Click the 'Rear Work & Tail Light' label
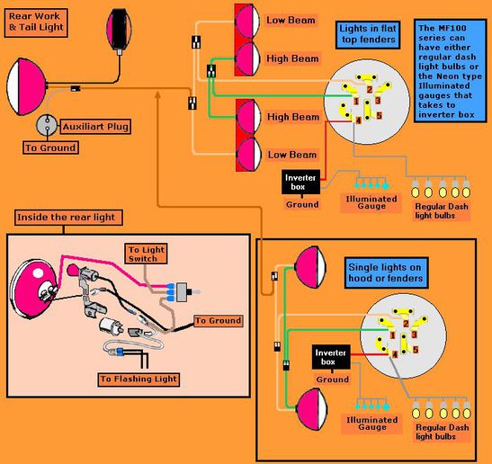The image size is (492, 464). [x=36, y=22]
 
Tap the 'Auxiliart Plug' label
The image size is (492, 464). [x=95, y=127]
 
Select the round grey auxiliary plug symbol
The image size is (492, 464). [x=47, y=125]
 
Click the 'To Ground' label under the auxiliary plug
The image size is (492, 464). [x=50, y=147]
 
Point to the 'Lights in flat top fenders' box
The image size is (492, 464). [x=368, y=34]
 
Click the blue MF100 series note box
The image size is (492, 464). [x=451, y=71]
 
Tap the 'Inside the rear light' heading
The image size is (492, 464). [x=68, y=218]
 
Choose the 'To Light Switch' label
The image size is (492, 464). [x=146, y=254]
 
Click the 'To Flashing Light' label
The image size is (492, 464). [x=139, y=379]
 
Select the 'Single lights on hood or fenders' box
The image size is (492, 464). [x=386, y=272]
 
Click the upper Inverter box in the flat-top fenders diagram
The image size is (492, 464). [x=301, y=182]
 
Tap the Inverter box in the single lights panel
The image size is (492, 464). [x=331, y=357]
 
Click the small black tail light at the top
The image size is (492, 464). [x=119, y=29]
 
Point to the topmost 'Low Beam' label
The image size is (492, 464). [x=291, y=21]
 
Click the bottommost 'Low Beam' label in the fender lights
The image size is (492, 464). [x=291, y=155]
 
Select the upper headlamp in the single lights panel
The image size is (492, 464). [x=311, y=267]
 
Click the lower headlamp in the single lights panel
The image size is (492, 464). [x=312, y=409]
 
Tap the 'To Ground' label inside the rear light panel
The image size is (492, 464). [x=218, y=321]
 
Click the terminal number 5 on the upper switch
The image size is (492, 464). [x=379, y=115]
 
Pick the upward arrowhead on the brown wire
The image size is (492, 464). [x=157, y=94]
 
